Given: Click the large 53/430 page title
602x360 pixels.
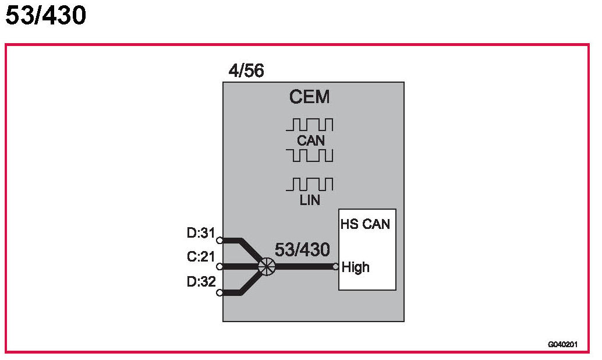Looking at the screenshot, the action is (x=45, y=16).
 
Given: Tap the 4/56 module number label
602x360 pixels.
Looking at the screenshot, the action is (x=246, y=71).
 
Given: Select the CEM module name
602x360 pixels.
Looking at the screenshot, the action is (x=309, y=97).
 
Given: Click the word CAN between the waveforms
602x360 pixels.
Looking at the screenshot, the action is (x=310, y=140).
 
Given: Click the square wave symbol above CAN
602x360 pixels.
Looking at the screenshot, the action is (x=309, y=125).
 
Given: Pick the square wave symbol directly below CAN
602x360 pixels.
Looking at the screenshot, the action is (x=309, y=156).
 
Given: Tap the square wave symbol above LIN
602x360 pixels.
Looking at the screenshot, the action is (x=309, y=185).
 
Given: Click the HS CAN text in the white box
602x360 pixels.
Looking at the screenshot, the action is (x=365, y=224).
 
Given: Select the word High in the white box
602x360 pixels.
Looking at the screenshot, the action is (x=356, y=267).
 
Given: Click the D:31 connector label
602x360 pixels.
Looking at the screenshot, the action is (x=201, y=233).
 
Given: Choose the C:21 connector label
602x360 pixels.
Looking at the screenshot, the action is (x=201, y=257).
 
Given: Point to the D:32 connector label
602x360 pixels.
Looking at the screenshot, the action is (x=201, y=282).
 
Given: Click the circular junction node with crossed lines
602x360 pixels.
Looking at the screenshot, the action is (x=266, y=267).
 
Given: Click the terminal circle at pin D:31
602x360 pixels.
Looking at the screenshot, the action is (x=219, y=240).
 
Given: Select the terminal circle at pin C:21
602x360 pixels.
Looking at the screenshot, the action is (x=219, y=267).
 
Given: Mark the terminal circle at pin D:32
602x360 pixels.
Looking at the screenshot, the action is (x=219, y=292).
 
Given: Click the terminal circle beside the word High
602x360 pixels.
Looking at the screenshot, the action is (x=335, y=267).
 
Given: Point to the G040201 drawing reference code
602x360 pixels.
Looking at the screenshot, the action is (x=562, y=344).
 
